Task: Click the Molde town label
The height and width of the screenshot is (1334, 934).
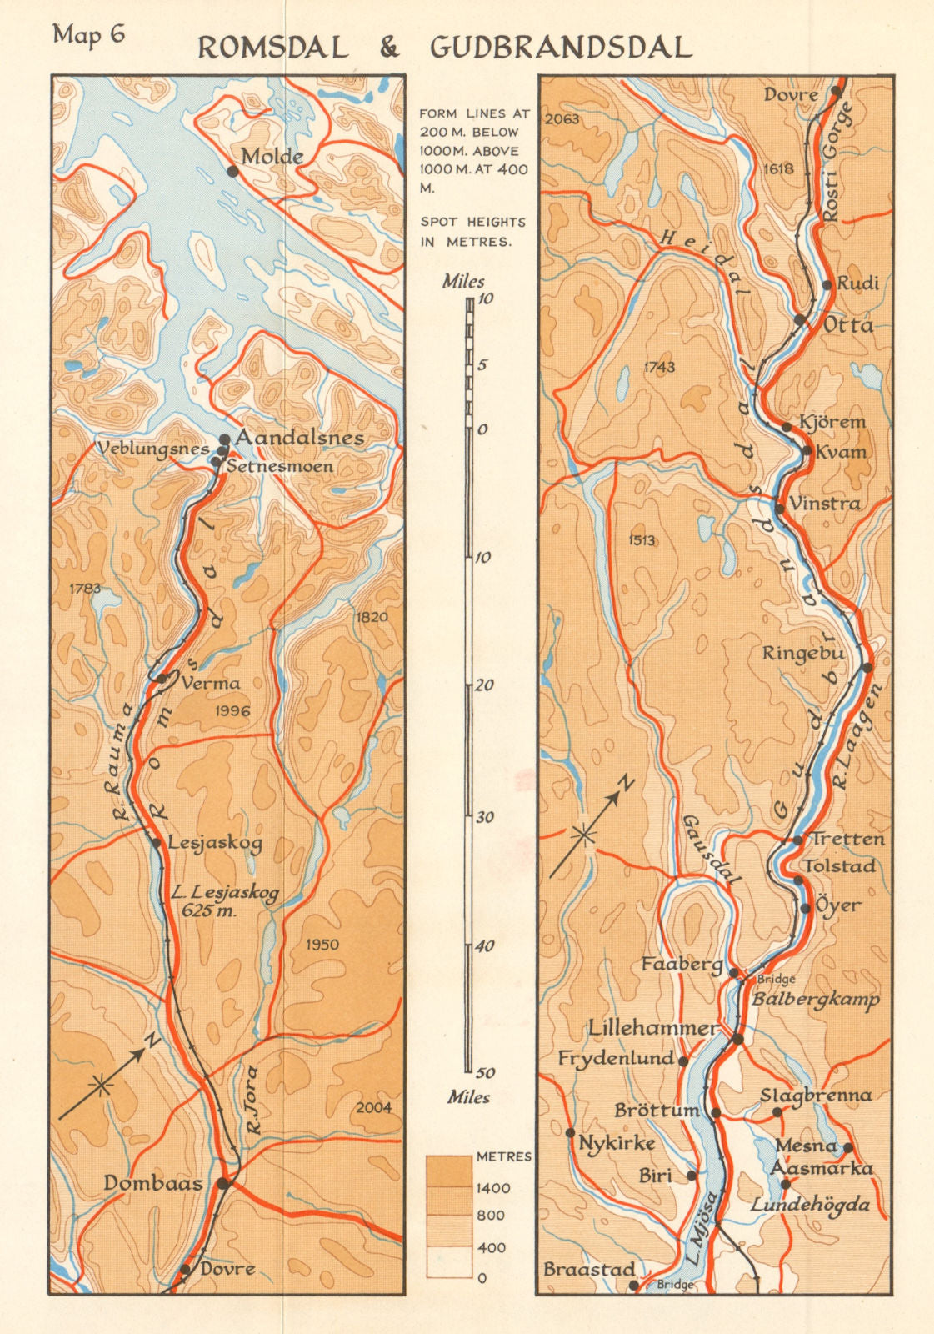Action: (272, 157)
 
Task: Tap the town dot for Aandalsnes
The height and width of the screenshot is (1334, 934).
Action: (224, 439)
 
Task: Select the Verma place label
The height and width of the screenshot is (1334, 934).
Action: (210, 683)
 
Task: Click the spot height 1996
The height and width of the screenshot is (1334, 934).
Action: (232, 710)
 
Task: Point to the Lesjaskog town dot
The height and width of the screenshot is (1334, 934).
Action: (156, 842)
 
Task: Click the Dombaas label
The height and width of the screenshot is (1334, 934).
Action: (153, 1183)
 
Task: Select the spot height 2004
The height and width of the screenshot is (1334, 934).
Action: (372, 1107)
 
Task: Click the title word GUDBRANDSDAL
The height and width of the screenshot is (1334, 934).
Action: (561, 48)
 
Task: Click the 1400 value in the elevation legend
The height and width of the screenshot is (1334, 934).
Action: (493, 1188)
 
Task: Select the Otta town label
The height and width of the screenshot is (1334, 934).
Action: (848, 324)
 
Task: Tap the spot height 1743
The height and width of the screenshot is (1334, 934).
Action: (659, 367)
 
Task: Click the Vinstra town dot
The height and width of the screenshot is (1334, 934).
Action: (780, 508)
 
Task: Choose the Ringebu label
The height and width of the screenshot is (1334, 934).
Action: (803, 653)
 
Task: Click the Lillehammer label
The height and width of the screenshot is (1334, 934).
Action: (652, 1028)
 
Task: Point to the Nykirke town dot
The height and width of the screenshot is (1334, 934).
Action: (571, 1132)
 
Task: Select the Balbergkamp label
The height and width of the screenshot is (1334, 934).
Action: (816, 998)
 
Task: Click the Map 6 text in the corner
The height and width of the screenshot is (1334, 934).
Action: (88, 36)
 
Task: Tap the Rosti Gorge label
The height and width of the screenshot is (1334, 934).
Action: (838, 162)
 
